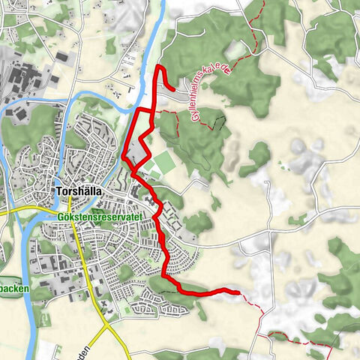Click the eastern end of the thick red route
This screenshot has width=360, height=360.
237,292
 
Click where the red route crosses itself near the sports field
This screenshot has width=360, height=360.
136,173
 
